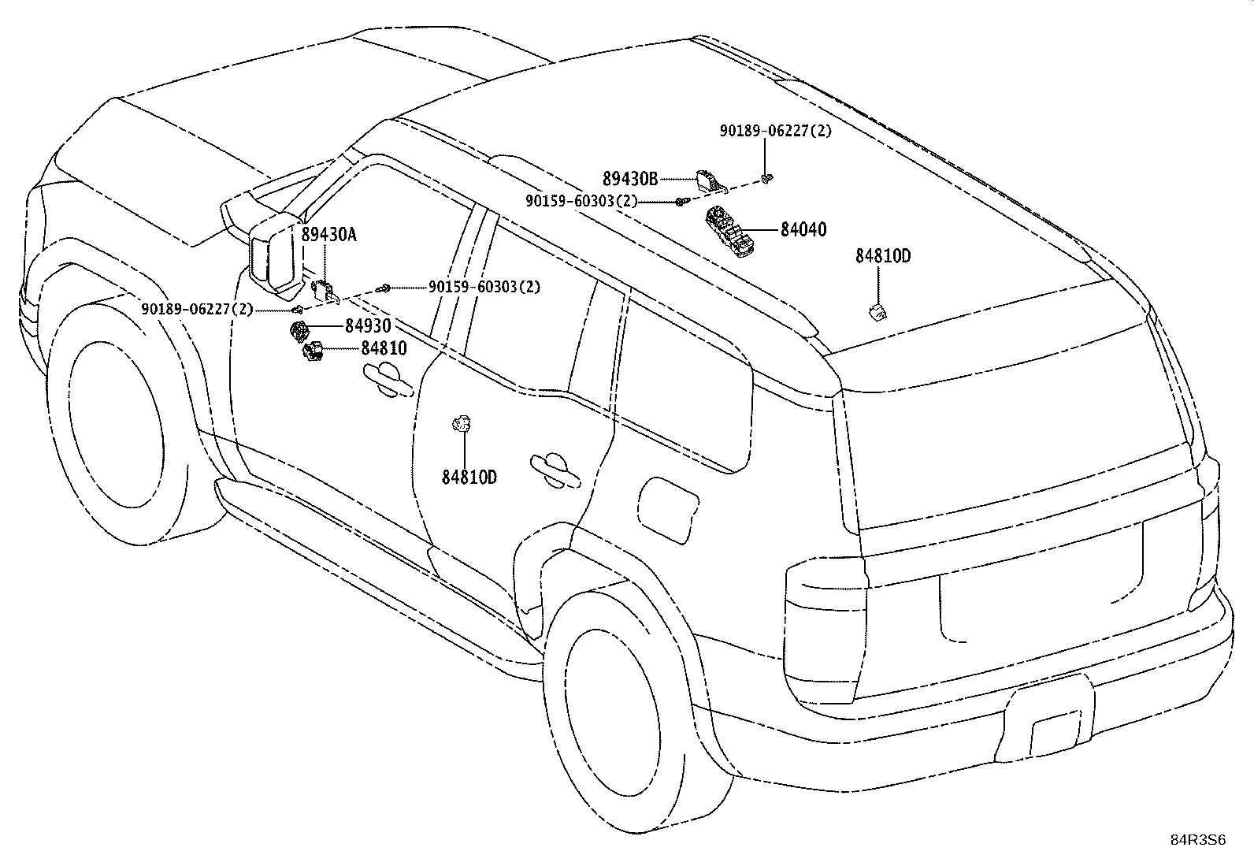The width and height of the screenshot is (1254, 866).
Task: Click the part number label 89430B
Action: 630,179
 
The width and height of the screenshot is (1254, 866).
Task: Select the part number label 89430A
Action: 328,234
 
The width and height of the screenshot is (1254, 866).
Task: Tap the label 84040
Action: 803,229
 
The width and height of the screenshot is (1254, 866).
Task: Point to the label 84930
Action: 368,325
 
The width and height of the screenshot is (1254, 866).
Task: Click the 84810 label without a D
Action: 384,348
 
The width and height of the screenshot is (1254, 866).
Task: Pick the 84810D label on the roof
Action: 883,256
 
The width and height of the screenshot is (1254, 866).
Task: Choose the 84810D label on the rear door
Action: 469,478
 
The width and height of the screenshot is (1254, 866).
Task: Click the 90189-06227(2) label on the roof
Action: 775,131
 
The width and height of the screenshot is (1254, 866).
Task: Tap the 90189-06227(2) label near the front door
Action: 197,309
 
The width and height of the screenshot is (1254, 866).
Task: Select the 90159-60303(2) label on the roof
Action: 581,200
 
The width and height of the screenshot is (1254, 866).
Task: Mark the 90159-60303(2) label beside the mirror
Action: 484,287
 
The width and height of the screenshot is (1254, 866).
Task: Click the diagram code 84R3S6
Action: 1198,840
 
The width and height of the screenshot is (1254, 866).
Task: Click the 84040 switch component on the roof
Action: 730,232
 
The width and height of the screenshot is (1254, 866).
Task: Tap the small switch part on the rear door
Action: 462,424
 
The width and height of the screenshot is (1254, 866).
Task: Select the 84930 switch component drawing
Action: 299,331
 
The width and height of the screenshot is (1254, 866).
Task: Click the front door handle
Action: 388,380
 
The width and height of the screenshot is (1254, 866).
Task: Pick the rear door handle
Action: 555,470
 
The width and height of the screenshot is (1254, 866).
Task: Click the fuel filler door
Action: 667,511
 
